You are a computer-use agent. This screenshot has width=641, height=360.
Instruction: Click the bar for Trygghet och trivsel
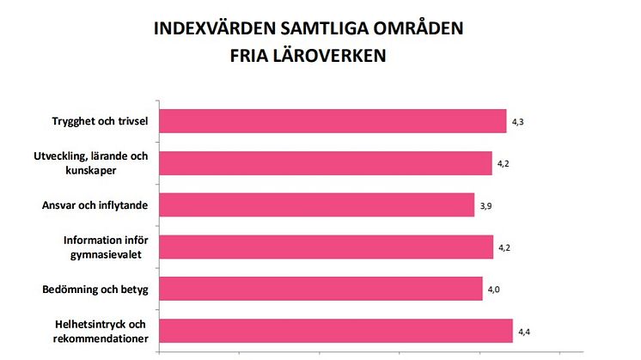333,121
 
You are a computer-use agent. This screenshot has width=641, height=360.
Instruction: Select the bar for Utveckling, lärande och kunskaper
326,162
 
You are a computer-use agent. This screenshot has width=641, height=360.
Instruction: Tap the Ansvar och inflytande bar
317,204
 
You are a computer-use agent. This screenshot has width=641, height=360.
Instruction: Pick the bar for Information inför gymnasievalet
327,247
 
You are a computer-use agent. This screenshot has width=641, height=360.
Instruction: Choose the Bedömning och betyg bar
321,289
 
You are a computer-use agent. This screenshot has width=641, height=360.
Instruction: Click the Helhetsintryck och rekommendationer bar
336,331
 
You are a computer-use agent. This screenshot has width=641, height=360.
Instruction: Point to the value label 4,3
518,123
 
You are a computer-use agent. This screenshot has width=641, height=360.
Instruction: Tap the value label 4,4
524,332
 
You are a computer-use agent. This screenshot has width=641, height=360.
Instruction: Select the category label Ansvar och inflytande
95,205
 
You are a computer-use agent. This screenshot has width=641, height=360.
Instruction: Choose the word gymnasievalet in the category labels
111,254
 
